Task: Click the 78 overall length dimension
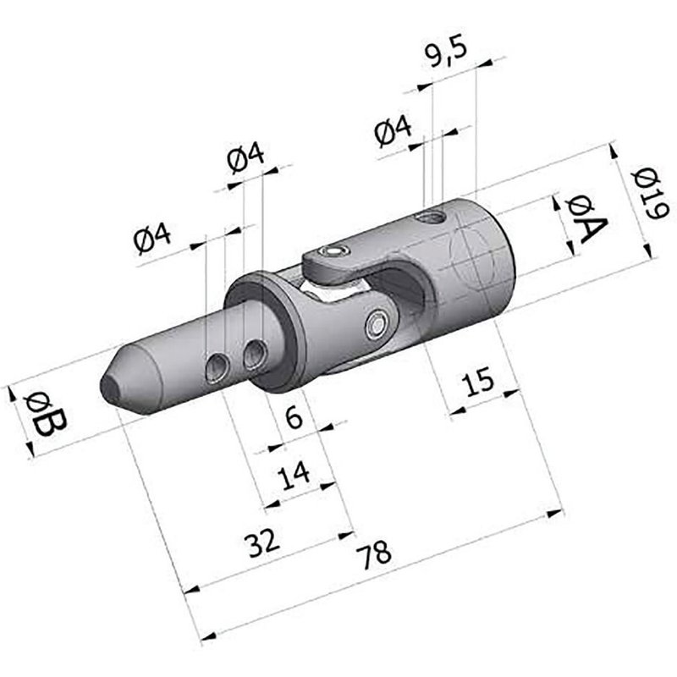(373, 555)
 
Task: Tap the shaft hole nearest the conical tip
(217, 366)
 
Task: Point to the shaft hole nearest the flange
(254, 355)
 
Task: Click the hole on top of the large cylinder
(432, 218)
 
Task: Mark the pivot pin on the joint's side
(377, 322)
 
